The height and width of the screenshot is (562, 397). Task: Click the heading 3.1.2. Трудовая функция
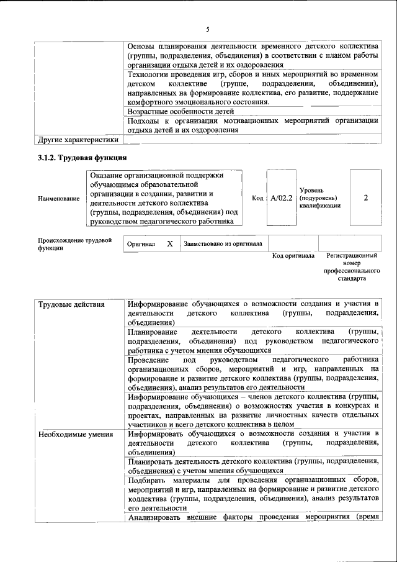(82, 158)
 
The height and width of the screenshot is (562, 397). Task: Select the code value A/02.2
(281, 198)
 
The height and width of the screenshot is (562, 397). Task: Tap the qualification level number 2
(366, 197)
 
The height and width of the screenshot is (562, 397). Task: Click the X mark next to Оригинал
(169, 244)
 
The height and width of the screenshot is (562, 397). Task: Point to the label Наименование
(58, 198)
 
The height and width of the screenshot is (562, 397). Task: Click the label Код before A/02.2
(257, 198)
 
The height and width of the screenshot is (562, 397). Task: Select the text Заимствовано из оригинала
(223, 244)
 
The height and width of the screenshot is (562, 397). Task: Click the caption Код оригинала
(293, 256)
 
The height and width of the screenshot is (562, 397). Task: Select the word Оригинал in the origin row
(141, 245)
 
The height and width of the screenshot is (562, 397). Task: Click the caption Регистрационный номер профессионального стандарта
(352, 267)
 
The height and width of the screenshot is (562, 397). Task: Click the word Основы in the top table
(141, 47)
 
